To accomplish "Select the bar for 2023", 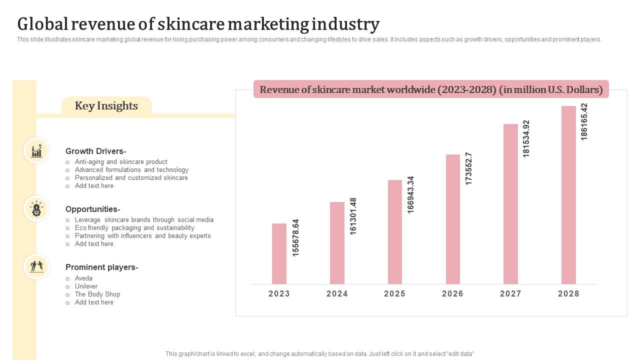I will click(x=279, y=253).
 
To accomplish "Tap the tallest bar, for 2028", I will click(x=568, y=195).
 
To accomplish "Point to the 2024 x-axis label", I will click(x=337, y=294).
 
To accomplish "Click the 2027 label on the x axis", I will click(x=510, y=294).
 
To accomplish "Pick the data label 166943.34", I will click(x=411, y=194).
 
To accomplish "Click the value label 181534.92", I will click(x=526, y=138).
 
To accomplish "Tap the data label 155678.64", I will click(x=295, y=237).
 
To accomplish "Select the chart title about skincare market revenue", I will click(x=431, y=89).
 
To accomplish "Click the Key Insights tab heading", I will click(x=106, y=106).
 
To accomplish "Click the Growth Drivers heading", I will click(x=95, y=151).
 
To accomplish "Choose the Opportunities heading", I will click(x=92, y=209).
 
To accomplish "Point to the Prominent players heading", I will click(x=101, y=267).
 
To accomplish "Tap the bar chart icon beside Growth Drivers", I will click(x=36, y=150).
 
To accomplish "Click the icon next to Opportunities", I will click(x=36, y=208).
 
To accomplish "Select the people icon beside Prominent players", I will click(x=36, y=266).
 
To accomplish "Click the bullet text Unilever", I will click(x=86, y=286).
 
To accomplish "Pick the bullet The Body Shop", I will click(x=97, y=294).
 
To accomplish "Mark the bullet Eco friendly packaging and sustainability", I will click(x=134, y=228).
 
